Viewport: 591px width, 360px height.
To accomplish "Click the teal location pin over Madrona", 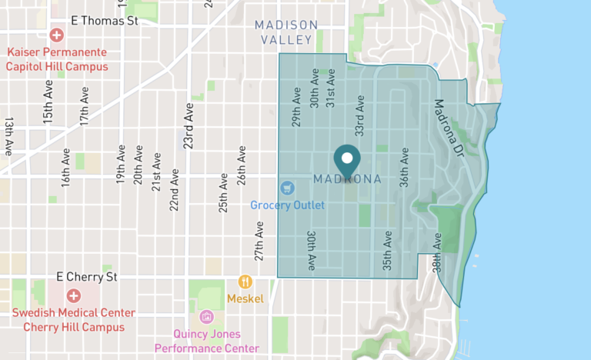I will [x=347, y=159].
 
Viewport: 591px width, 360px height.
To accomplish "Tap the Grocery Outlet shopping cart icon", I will [x=287, y=188].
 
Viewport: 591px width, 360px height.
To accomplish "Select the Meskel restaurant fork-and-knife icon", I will [x=245, y=282].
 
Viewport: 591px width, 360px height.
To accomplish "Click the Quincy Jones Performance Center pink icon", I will [x=205, y=317].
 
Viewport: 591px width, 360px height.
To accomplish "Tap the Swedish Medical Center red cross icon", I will [x=73, y=295].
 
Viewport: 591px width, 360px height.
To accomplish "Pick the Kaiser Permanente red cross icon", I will [x=56, y=35].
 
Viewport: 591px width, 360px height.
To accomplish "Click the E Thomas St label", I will [x=103, y=21].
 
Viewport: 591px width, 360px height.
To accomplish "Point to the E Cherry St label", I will [x=87, y=276].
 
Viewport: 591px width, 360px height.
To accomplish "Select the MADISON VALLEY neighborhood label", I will [x=285, y=32].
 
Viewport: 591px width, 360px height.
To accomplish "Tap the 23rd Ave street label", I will [x=188, y=125].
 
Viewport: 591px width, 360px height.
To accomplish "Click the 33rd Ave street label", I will [x=359, y=115].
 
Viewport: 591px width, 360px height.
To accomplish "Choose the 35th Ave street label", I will [x=388, y=252].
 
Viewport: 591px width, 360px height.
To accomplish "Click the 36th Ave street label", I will [x=404, y=168].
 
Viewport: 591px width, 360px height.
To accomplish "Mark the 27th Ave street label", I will [x=259, y=240].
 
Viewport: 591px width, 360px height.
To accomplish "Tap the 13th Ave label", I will [x=9, y=136].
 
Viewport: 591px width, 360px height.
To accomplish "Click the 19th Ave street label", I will [x=121, y=165].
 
